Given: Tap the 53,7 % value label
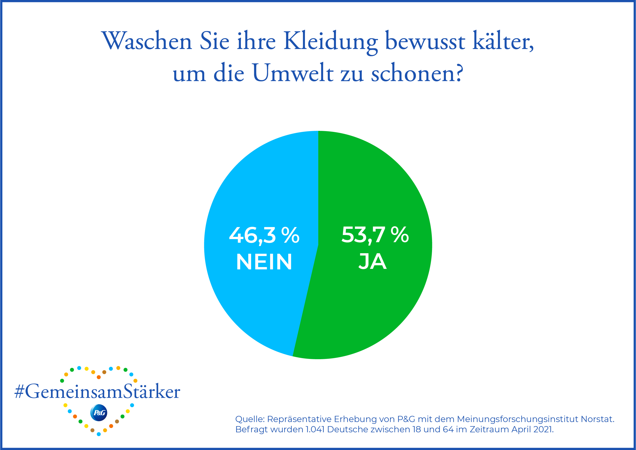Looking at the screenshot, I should [x=375, y=235].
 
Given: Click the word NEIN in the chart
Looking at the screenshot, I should [x=264, y=262].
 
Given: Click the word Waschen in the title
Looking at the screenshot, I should [x=147, y=41].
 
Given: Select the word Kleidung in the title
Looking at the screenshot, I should [x=331, y=42].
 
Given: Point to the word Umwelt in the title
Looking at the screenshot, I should [x=293, y=73].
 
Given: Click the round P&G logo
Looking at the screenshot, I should [x=99, y=413].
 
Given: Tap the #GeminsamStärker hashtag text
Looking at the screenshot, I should [x=97, y=392].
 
